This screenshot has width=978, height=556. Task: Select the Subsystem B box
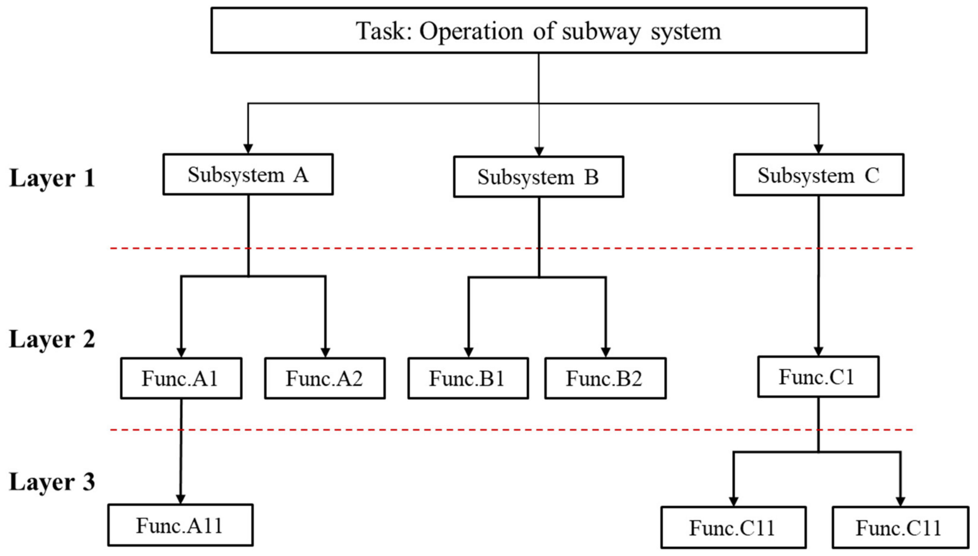(538, 177)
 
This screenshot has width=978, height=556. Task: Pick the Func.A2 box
(325, 378)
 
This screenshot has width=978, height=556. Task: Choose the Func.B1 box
(468, 378)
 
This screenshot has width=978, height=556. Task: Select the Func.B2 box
(605, 378)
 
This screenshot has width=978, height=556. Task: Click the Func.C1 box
(818, 377)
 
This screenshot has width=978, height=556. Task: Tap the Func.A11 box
(180, 525)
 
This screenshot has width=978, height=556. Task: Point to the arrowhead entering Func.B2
(605, 352)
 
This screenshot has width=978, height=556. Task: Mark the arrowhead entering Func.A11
(180, 499)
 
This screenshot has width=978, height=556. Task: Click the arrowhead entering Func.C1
(818, 351)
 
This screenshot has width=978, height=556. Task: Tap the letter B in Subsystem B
(591, 177)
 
